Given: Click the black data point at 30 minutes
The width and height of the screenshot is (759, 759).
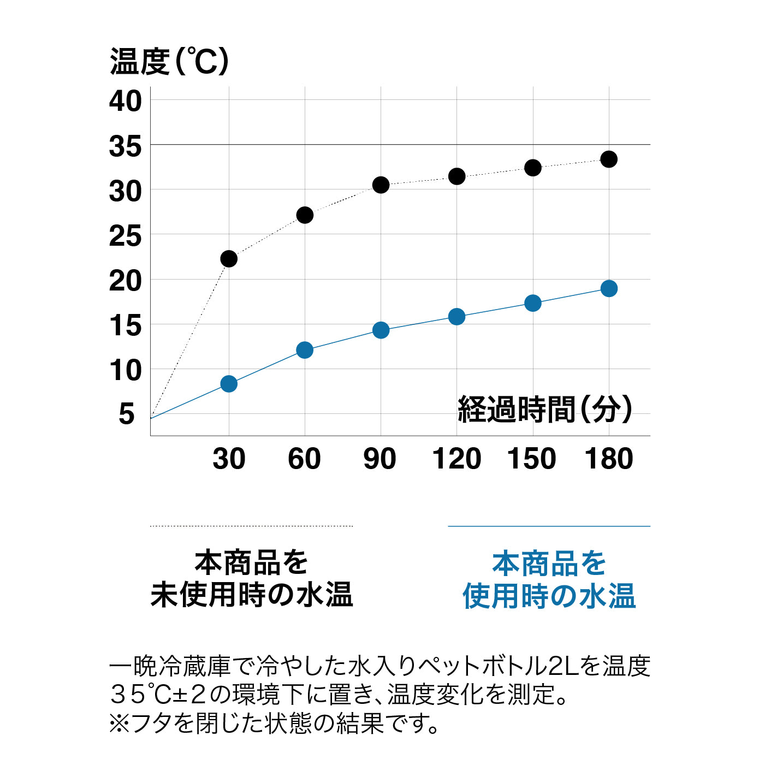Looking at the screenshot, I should click(x=229, y=258).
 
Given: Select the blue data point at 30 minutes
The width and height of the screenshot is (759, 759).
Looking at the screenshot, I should click(x=229, y=384).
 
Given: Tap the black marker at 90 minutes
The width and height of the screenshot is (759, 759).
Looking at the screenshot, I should click(x=381, y=185).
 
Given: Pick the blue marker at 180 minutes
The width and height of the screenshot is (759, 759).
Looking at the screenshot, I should click(x=609, y=288).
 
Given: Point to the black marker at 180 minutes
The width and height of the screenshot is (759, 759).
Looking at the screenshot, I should click(x=609, y=159).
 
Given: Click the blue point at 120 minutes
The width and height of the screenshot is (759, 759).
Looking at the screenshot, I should click(x=456, y=317).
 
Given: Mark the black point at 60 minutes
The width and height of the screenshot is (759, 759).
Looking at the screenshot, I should click(x=305, y=215).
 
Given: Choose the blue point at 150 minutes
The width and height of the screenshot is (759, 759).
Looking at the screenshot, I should click(x=533, y=303).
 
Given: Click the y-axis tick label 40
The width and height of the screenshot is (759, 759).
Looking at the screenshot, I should click(x=125, y=102).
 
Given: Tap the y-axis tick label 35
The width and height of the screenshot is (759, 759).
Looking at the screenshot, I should click(x=125, y=146).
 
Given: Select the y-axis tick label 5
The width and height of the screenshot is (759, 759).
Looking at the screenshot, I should click(x=127, y=414).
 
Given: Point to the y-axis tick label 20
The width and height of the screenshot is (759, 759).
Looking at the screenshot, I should click(x=125, y=281).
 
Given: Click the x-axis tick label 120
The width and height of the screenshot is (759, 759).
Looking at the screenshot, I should click(x=456, y=459).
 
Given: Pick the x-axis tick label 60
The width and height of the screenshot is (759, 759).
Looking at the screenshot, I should click(x=304, y=459).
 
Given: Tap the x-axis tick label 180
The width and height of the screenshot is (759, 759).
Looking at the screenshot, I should click(x=609, y=459).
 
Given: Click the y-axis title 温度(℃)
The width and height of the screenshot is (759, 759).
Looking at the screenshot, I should click(x=169, y=61).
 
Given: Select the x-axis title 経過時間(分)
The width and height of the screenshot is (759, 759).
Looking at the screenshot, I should click(x=544, y=409).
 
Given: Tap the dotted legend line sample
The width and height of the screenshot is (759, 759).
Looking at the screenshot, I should click(x=251, y=526).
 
